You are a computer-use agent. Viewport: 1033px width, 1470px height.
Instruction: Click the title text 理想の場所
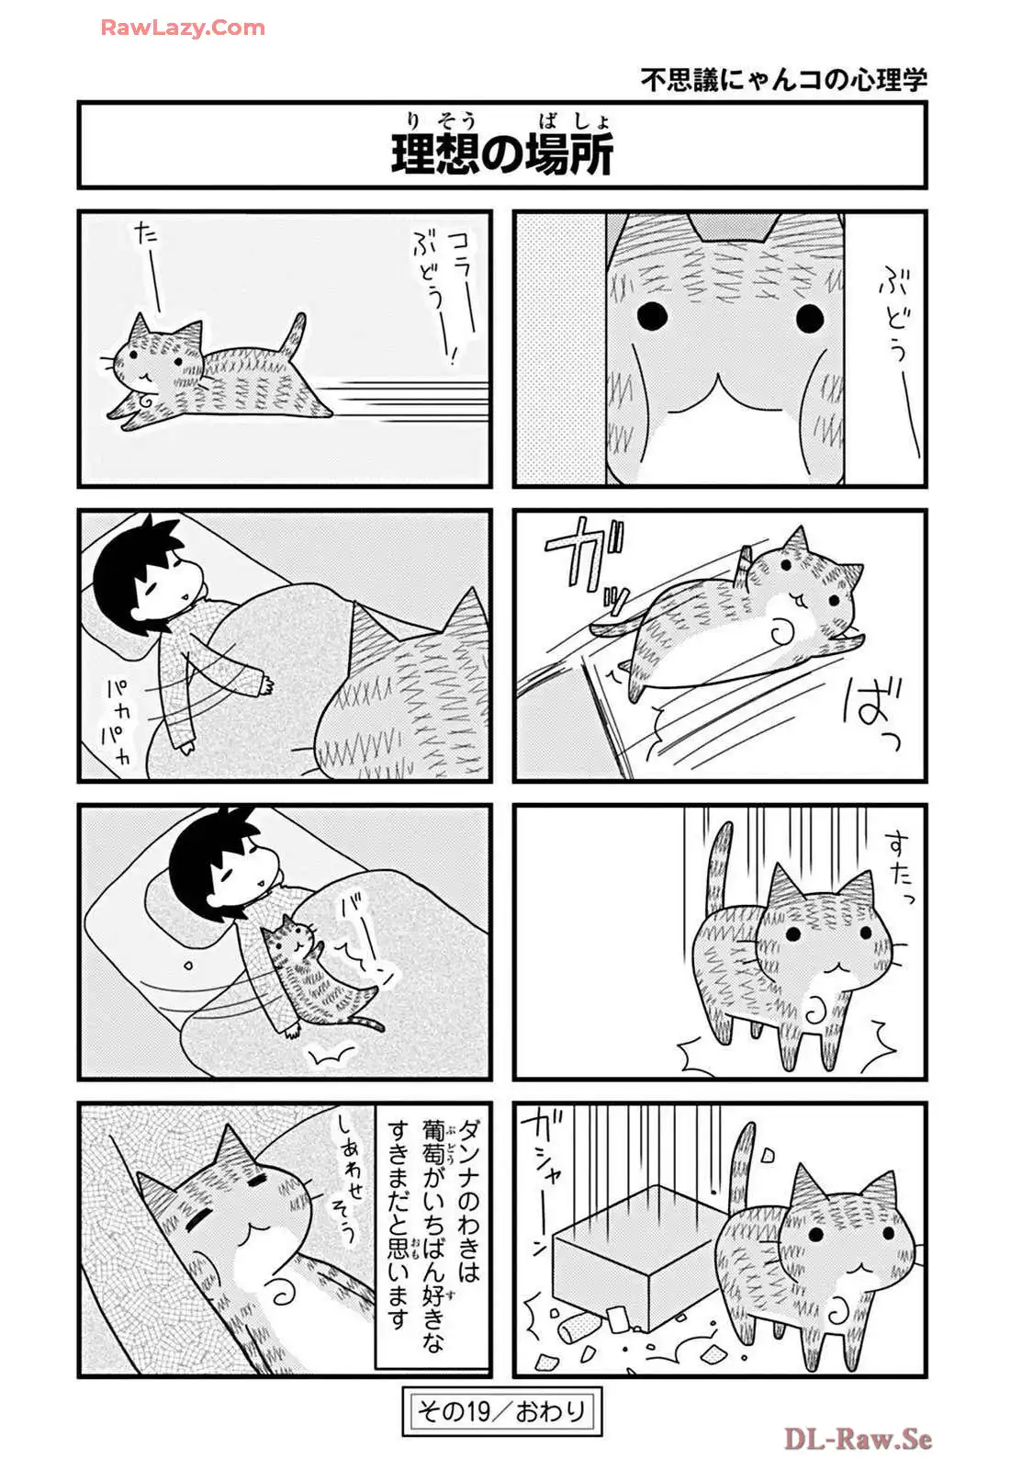(x=501, y=154)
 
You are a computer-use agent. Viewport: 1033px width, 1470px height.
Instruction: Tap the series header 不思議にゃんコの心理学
(x=784, y=80)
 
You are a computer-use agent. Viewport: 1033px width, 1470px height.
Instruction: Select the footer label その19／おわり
(x=501, y=1411)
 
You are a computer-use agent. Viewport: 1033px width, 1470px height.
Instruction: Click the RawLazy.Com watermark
(x=183, y=28)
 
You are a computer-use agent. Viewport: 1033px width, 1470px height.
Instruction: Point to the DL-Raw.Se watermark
(x=858, y=1439)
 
